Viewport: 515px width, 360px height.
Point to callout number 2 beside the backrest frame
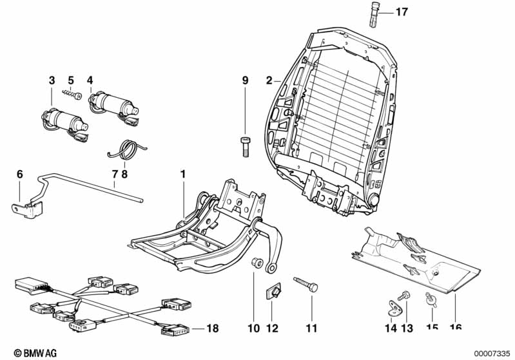tap(269, 81)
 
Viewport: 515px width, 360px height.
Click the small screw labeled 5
tap(72, 95)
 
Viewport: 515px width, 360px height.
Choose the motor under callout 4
tap(113, 104)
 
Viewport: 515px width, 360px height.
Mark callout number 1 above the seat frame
tap(183, 175)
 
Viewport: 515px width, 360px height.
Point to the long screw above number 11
tap(306, 283)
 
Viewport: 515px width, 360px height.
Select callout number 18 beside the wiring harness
tap(212, 328)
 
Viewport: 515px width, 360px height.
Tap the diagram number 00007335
tap(492, 352)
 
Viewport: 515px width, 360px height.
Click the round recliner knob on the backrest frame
tap(372, 201)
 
